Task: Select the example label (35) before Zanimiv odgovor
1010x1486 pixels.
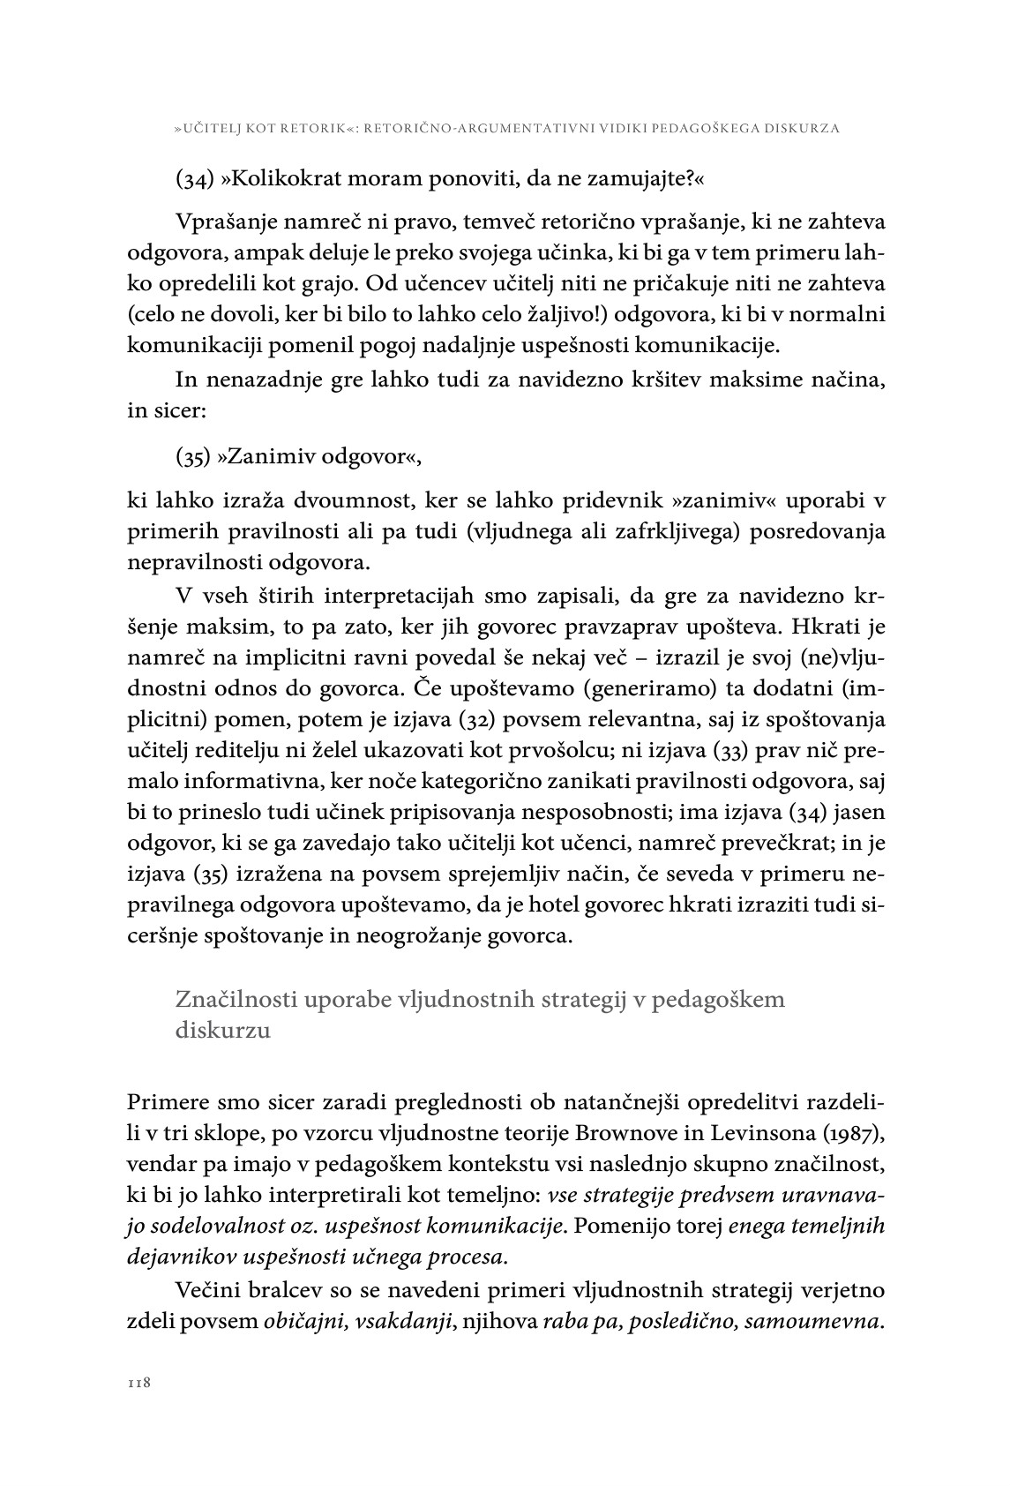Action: click(x=191, y=457)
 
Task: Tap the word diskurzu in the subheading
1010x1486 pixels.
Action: click(x=223, y=1030)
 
